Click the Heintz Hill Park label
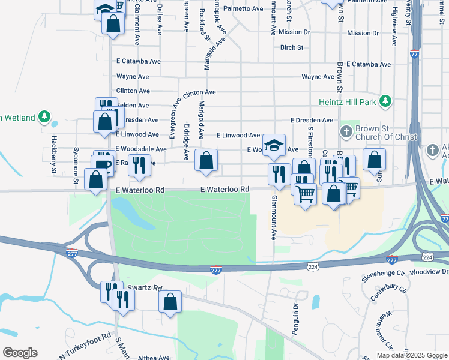[x=352, y=103]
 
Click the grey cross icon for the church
[x=346, y=131]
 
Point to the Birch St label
[x=292, y=47]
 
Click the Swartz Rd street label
[x=149, y=288]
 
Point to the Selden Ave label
[x=133, y=105]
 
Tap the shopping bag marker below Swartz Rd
[x=170, y=302]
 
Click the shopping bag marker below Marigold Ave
[x=206, y=160]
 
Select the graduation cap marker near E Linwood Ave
[x=274, y=145]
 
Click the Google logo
[x=20, y=353]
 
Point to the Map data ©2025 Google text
[x=412, y=355]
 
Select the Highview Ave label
[x=394, y=27]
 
